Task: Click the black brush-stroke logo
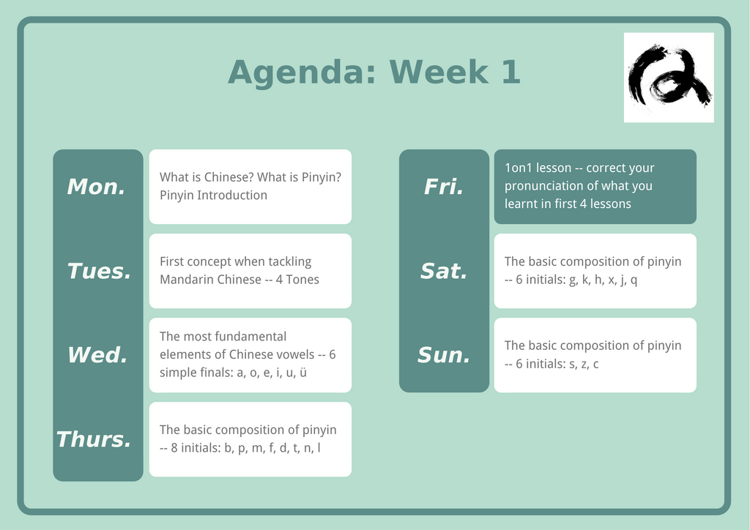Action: click(x=669, y=75)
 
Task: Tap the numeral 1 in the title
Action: click(x=510, y=72)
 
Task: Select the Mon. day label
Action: click(x=96, y=187)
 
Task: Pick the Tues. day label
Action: click(x=99, y=271)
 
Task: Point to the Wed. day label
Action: click(x=97, y=355)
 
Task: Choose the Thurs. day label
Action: click(x=94, y=439)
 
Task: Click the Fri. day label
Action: click(x=444, y=187)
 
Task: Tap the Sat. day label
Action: click(x=444, y=271)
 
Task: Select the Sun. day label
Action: click(x=444, y=355)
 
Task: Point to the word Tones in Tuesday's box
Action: click(x=302, y=280)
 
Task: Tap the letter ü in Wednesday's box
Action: click(x=302, y=373)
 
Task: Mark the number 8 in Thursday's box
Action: click(x=174, y=448)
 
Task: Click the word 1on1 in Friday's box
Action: click(x=519, y=168)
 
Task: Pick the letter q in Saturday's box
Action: click(x=634, y=280)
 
